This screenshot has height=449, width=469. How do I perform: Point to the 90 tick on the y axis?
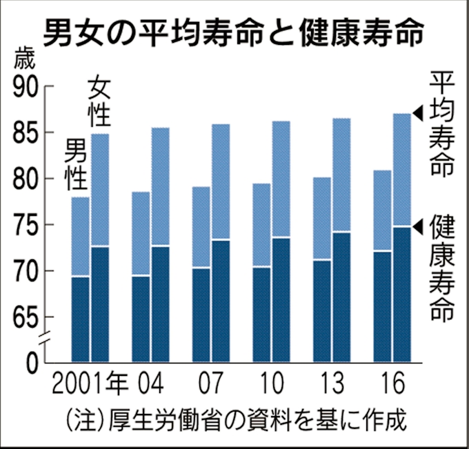[27, 88]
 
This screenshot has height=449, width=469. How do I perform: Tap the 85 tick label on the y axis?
[27, 133]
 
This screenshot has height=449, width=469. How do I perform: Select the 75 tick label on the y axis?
[27, 225]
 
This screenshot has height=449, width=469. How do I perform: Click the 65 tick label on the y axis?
[27, 317]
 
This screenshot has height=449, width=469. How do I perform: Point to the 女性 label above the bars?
[101, 103]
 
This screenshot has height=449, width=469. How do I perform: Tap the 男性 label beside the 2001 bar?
[76, 164]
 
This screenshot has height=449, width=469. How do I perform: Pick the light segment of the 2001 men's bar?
[81, 237]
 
